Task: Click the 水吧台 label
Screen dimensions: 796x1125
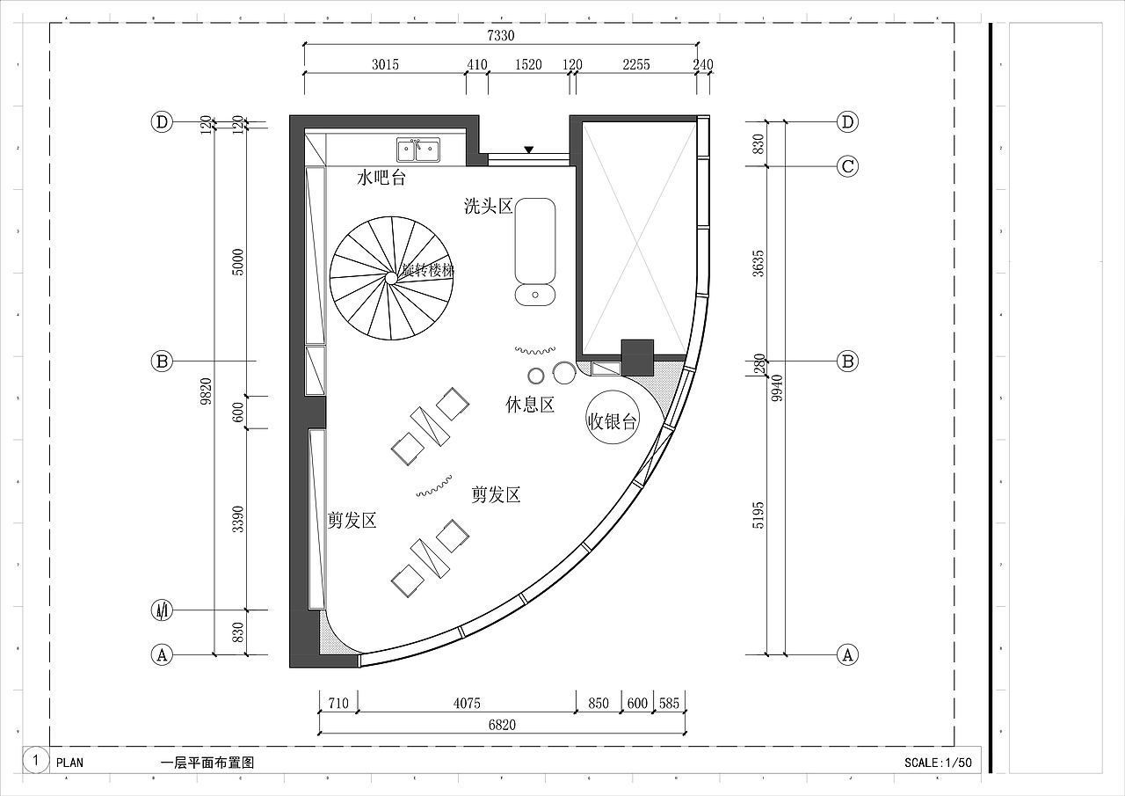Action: click(x=381, y=179)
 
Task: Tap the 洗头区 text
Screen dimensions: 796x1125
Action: click(x=488, y=207)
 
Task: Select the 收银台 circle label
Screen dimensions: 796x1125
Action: click(x=613, y=422)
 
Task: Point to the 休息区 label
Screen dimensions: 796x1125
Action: click(x=529, y=405)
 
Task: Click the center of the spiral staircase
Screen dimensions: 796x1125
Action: click(x=390, y=278)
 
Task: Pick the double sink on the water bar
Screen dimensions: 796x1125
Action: click(x=418, y=150)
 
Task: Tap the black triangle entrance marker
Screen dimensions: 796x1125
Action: click(x=528, y=150)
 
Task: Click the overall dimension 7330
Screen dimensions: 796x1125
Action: click(x=500, y=35)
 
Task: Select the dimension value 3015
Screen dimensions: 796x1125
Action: click(x=385, y=65)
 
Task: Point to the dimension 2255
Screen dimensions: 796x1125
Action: click(x=635, y=65)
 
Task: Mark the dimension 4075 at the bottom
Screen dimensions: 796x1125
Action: click(x=467, y=704)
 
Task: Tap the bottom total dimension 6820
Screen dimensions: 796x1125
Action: click(x=501, y=725)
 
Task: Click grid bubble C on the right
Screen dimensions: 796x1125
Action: click(x=847, y=166)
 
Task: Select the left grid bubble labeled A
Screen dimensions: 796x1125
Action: click(x=161, y=655)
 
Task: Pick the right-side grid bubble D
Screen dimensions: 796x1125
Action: click(x=847, y=122)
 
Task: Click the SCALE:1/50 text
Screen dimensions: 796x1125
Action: click(x=938, y=763)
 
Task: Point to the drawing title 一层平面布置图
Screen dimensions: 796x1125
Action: click(x=207, y=763)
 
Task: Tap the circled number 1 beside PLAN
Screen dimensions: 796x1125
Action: click(x=35, y=761)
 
